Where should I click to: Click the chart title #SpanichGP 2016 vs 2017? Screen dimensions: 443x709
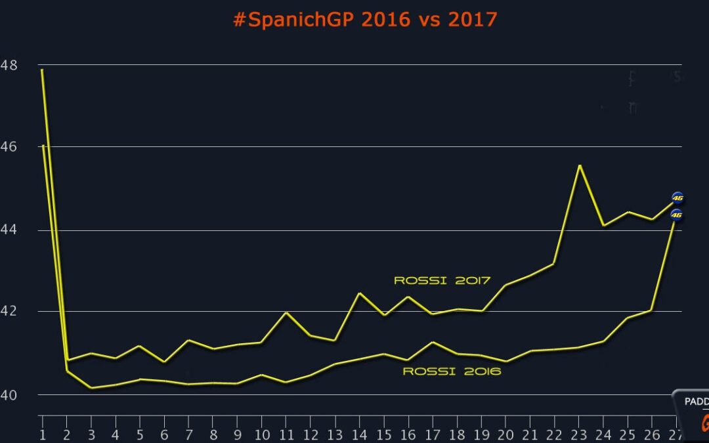click(365, 20)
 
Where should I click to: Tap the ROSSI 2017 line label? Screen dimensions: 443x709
click(442, 280)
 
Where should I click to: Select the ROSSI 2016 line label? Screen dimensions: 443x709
click(452, 371)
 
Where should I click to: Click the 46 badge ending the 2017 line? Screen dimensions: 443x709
click(677, 197)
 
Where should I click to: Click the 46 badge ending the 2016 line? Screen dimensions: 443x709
click(677, 215)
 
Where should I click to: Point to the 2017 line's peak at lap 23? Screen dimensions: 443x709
click(579, 165)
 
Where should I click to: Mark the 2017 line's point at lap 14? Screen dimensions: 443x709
click(359, 293)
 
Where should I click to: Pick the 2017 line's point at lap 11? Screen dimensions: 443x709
click(286, 312)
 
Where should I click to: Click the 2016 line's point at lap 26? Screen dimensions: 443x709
click(652, 310)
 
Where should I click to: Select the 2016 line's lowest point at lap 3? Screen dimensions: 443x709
click(91, 388)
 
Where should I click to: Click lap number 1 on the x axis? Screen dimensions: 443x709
click(43, 434)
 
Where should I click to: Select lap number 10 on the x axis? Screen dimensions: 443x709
click(261, 434)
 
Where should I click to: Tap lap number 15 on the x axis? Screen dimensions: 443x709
click(383, 434)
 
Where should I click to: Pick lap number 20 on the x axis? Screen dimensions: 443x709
click(505, 434)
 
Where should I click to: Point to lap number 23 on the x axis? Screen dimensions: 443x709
click(578, 434)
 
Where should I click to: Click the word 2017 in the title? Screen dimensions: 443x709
click(473, 20)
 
